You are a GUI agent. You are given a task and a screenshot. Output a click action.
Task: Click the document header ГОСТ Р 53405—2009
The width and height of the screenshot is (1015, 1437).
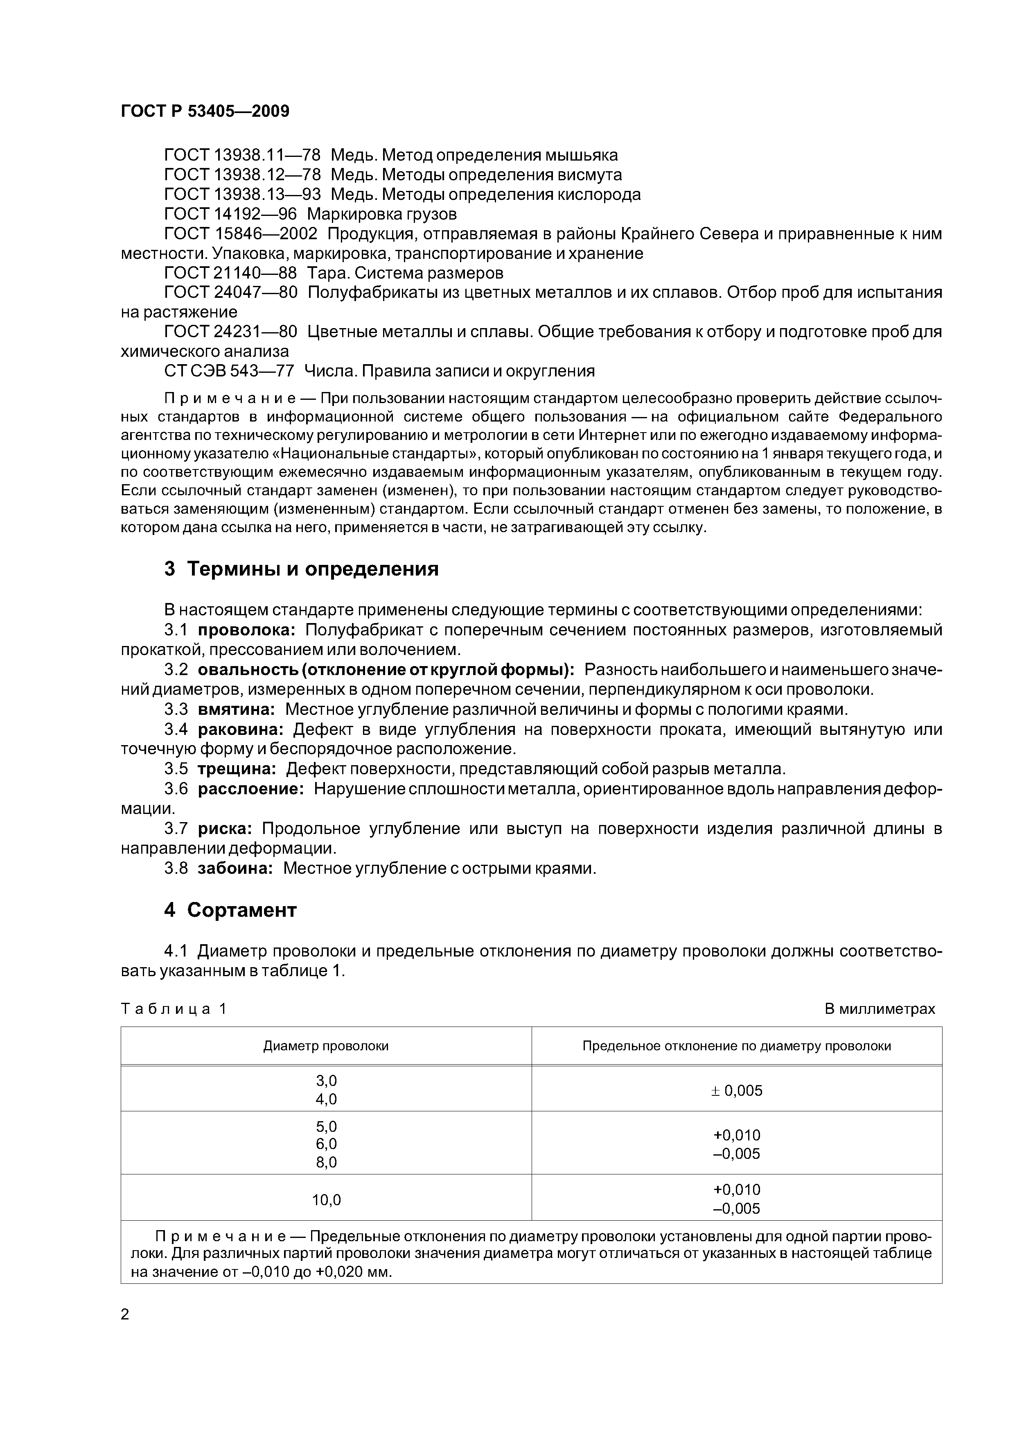pyautogui.click(x=205, y=111)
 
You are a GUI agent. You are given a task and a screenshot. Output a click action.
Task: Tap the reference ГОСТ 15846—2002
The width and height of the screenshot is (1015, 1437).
pyautogui.click(x=241, y=234)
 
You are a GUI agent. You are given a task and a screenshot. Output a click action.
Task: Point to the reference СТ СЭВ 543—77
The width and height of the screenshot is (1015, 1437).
pyautogui.click(x=229, y=371)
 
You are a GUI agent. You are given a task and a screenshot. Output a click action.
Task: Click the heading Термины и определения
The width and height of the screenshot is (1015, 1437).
pyautogui.click(x=313, y=569)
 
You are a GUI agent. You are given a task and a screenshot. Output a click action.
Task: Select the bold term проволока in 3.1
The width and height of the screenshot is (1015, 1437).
pyautogui.click(x=247, y=630)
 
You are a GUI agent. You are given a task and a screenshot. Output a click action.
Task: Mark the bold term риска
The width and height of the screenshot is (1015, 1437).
pyautogui.click(x=225, y=829)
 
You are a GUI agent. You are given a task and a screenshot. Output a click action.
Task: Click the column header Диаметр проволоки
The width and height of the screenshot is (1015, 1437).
pyautogui.click(x=326, y=1046)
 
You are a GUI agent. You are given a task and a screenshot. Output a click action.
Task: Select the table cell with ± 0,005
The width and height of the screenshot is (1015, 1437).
pyautogui.click(x=737, y=1091)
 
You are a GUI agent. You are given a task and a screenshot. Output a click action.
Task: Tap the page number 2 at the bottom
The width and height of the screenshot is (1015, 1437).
pyautogui.click(x=125, y=1315)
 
